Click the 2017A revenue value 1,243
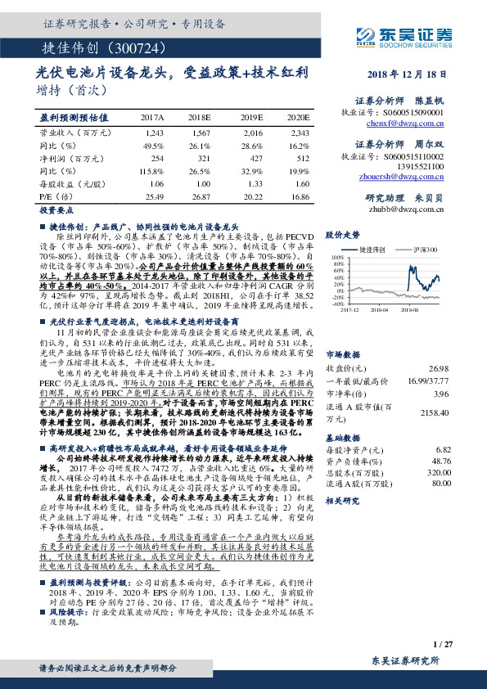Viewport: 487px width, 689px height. [x=154, y=132]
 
